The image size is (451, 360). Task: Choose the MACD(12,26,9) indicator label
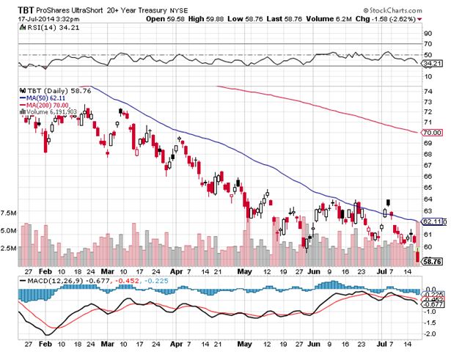coord(43,279)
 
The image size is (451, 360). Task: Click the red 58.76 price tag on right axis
coord(433,260)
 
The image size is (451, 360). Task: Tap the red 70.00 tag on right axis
coord(433,133)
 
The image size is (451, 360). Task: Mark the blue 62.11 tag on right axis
coord(433,221)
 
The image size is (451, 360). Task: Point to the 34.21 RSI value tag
coord(433,64)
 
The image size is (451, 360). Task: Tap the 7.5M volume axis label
coord(9,213)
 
